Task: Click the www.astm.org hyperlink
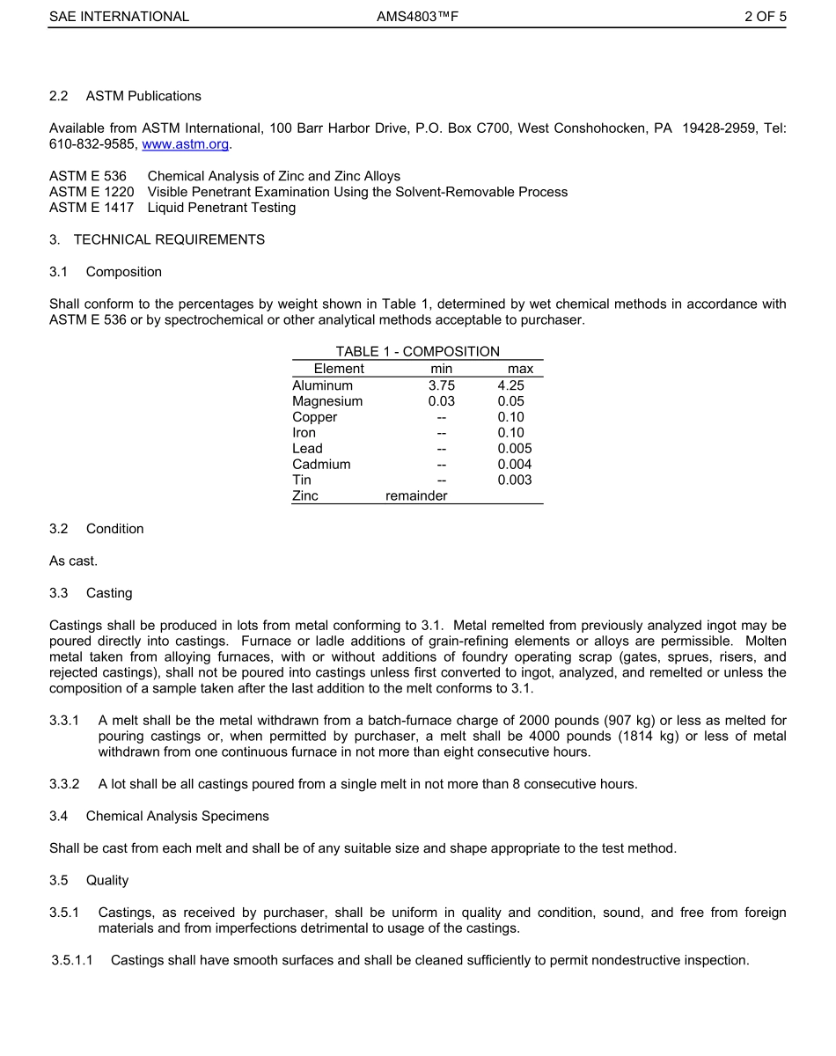pyautogui.click(x=185, y=144)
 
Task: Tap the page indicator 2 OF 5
pyautogui.click(x=765, y=17)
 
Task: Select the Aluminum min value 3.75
pyautogui.click(x=442, y=385)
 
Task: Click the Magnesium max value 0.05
pyautogui.click(x=510, y=401)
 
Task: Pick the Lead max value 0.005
pyautogui.click(x=514, y=449)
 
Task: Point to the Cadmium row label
pyautogui.click(x=321, y=465)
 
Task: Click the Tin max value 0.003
pyautogui.click(x=514, y=480)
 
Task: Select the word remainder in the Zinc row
pyautogui.click(x=416, y=496)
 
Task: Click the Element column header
pyautogui.click(x=339, y=370)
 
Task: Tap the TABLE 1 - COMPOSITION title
pyautogui.click(x=417, y=352)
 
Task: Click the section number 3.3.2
pyautogui.click(x=64, y=784)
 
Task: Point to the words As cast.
pyautogui.click(x=73, y=561)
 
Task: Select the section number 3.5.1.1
pyautogui.click(x=72, y=960)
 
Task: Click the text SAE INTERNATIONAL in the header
pyautogui.click(x=119, y=17)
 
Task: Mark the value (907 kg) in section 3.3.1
pyautogui.click(x=598, y=721)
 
